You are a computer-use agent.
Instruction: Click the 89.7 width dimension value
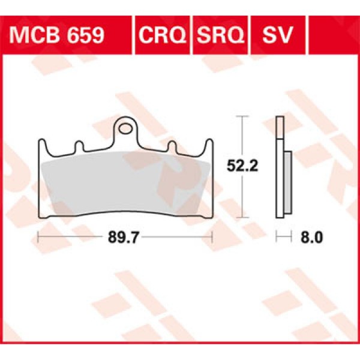click(x=124, y=238)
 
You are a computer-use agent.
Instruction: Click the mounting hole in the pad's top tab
click(x=125, y=128)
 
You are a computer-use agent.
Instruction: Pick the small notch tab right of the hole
click(x=171, y=146)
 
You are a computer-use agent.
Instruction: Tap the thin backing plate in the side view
click(x=279, y=168)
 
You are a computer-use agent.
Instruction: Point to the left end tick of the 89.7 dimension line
click(x=38, y=237)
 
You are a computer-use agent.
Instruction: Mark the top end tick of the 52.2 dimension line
click(x=242, y=116)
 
